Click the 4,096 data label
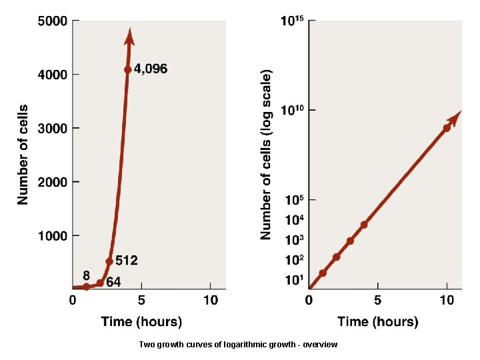151,69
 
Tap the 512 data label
126,260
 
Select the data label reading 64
113,282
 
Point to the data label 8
87,275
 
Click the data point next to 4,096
127,69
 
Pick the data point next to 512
109,261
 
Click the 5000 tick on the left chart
51,21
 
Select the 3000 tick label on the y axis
51,128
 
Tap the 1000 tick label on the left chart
51,235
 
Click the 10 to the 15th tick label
293,21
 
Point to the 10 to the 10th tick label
293,110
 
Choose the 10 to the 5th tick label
294,200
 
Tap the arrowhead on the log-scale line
454,119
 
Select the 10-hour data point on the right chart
447,127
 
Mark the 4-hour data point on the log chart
364,225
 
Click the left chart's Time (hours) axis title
141,321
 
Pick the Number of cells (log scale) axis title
266,153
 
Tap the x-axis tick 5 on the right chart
377,301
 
